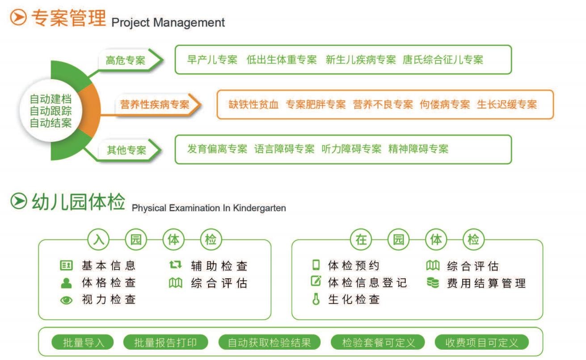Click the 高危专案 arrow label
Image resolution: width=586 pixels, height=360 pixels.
pos(126,60)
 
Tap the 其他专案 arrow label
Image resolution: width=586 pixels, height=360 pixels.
pos(127,150)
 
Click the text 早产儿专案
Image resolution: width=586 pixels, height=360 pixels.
pos(212,59)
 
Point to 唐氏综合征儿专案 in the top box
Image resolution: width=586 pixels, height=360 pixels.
pos(443,59)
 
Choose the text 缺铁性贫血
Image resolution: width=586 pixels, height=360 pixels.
pos(253,105)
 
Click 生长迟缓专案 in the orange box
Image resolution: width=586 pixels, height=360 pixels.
pos(507,105)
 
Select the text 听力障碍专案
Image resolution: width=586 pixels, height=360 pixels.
pos(351,149)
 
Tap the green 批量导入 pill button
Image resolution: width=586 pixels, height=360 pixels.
pos(83,343)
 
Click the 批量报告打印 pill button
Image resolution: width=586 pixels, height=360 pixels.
pos(165,343)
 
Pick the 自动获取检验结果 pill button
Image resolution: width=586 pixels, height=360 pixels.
pos(270,343)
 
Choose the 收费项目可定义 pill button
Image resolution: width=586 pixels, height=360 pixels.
pos(482,343)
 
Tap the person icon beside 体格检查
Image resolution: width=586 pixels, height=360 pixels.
pos(66,283)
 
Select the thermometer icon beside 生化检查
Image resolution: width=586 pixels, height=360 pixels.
pos(316,300)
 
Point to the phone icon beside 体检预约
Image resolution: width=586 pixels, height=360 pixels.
pos(316,265)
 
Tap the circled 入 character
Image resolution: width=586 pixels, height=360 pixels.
pos(99,240)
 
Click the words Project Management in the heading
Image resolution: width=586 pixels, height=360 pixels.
pos(168,22)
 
